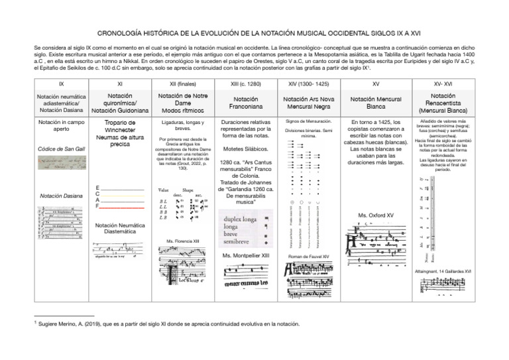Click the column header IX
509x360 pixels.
coord(62,84)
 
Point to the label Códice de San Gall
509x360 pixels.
coord(62,149)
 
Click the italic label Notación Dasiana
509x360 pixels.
coord(62,196)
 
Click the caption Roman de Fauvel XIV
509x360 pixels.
coord(309,256)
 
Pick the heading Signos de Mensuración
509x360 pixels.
coord(309,122)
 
